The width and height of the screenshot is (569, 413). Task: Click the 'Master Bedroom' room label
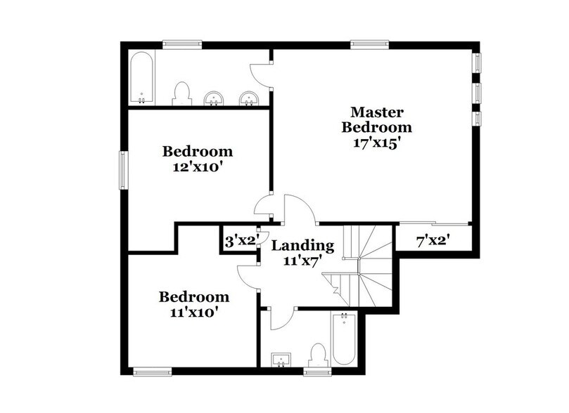coord(376,119)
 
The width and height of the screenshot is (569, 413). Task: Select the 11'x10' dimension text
coord(193,312)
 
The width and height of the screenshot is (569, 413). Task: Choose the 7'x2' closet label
coord(433,241)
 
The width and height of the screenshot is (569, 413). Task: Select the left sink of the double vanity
coord(212,98)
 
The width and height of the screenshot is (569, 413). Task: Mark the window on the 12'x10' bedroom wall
coord(122,170)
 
